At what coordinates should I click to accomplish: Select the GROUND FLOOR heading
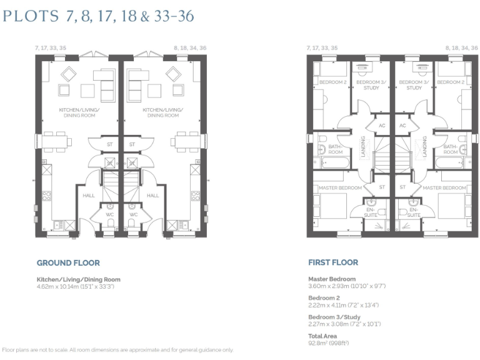[68, 263]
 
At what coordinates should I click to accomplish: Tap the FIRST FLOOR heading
[333, 263]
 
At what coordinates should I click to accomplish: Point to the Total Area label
[322, 336]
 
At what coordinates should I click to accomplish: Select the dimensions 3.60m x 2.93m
[347, 286]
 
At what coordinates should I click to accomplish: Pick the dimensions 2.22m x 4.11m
[343, 305]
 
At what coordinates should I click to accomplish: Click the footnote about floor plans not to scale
[118, 350]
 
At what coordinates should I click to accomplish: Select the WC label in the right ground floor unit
[133, 214]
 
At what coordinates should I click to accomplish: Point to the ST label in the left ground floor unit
[110, 144]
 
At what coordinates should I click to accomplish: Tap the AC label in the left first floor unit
[382, 126]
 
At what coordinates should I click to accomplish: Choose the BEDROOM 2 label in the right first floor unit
[450, 82]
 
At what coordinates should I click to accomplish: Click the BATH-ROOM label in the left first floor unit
[336, 149]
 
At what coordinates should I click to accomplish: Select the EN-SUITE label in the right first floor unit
[413, 211]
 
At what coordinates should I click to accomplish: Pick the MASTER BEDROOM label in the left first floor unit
[340, 187]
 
